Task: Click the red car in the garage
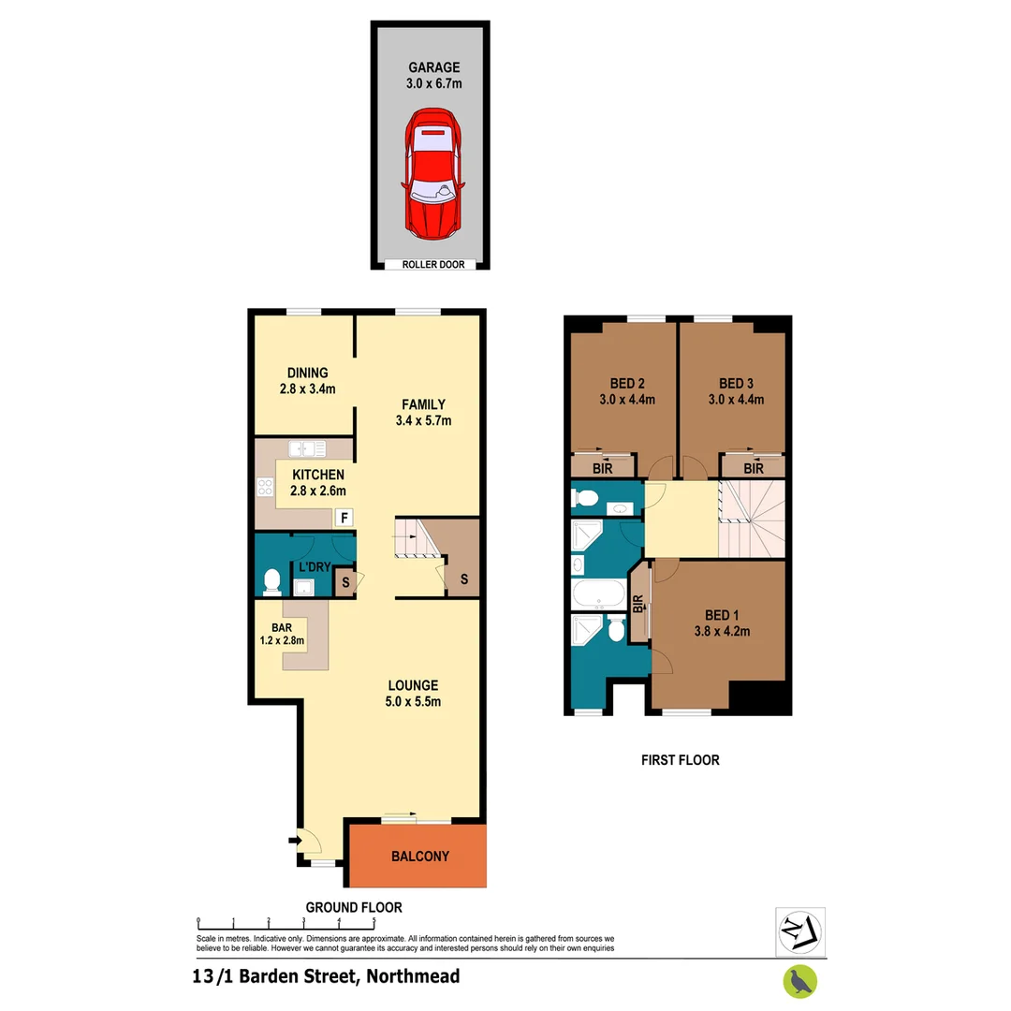(x=432, y=174)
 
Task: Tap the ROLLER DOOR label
(x=432, y=265)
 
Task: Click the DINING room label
(x=307, y=373)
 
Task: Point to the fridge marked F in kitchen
(x=344, y=517)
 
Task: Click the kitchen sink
(x=306, y=447)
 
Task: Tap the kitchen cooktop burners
(x=265, y=487)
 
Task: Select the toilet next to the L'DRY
(x=272, y=581)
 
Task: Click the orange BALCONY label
(x=420, y=856)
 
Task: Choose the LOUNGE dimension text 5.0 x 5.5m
(x=412, y=702)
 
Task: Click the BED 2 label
(x=626, y=383)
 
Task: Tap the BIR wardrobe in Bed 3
(x=752, y=466)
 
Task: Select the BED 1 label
(x=722, y=615)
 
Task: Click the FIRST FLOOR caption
(x=680, y=760)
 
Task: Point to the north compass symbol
(x=799, y=930)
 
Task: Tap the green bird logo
(x=799, y=980)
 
